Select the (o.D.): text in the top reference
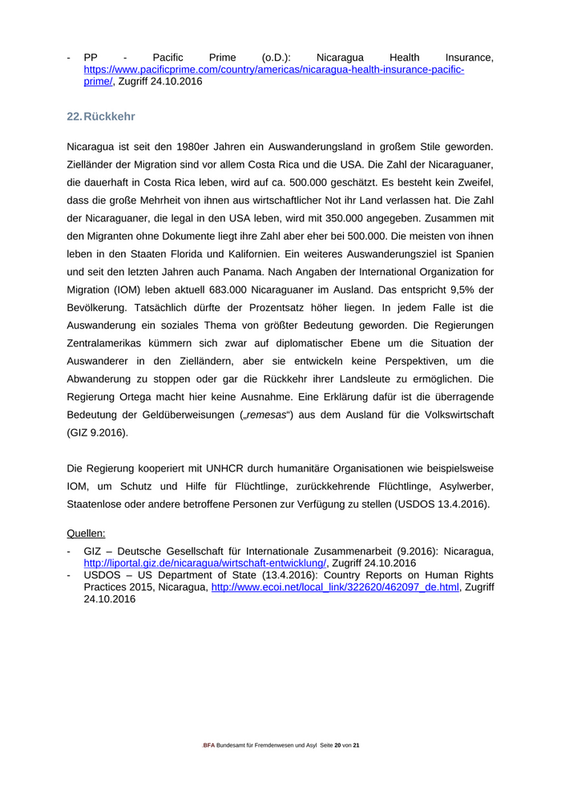(x=276, y=58)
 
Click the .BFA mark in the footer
(x=209, y=746)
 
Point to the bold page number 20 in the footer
(x=339, y=746)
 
